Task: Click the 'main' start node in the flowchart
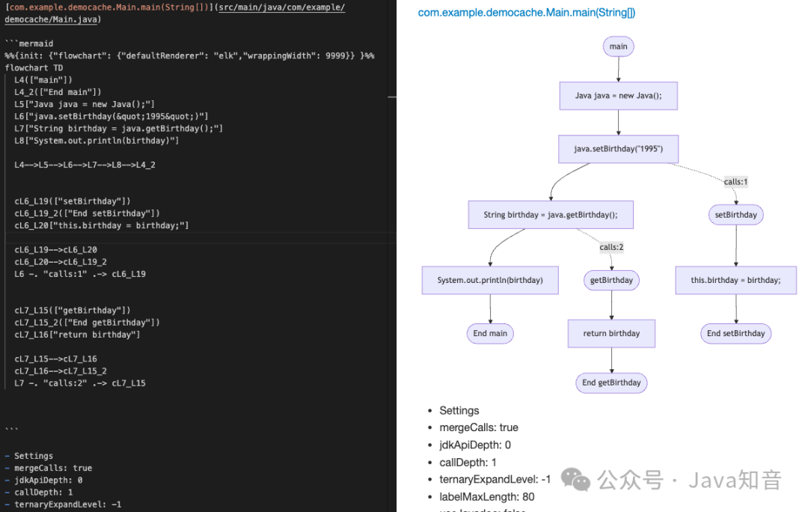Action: [x=618, y=46]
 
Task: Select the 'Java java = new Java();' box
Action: [x=618, y=96]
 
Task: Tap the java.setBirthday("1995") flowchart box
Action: [x=618, y=149]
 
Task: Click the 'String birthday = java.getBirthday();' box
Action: [x=550, y=215]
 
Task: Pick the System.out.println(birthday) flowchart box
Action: [x=490, y=280]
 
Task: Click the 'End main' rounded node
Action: [x=490, y=333]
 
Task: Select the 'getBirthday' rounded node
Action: [x=611, y=280]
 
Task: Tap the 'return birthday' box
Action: [x=611, y=333]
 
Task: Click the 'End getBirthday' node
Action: [x=611, y=383]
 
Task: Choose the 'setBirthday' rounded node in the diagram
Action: [x=735, y=215]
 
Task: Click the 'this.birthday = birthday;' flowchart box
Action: [x=735, y=280]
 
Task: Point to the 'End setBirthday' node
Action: [x=735, y=333]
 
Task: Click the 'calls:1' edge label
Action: [x=735, y=182]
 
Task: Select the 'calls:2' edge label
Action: [x=611, y=248]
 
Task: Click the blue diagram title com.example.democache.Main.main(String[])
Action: [x=526, y=13]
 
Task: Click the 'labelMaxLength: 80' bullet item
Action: [x=486, y=496]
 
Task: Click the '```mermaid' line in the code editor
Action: [x=29, y=43]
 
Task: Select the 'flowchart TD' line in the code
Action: [x=34, y=67]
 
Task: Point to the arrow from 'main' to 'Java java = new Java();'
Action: [x=619, y=69]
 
